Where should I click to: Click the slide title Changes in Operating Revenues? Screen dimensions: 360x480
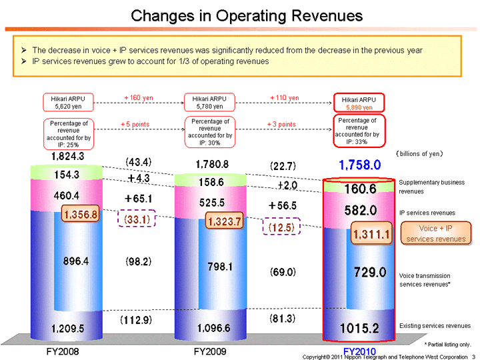click(247, 15)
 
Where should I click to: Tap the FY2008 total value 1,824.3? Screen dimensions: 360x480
click(67, 157)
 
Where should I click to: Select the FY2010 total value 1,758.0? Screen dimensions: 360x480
click(359, 164)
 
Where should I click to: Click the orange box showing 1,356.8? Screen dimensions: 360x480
click(81, 215)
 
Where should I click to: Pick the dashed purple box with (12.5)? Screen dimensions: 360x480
click(283, 228)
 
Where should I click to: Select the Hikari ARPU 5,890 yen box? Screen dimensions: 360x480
click(359, 103)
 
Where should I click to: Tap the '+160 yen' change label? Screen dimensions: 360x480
click(139, 98)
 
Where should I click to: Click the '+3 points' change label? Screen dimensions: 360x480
click(281, 125)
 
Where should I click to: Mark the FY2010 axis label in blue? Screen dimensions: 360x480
click(359, 351)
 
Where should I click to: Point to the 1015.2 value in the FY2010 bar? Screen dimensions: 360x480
click(359, 328)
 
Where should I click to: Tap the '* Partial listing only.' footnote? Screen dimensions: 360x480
click(447, 344)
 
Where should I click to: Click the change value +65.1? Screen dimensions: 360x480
click(139, 199)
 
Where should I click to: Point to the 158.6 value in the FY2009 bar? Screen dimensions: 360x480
click(211, 181)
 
